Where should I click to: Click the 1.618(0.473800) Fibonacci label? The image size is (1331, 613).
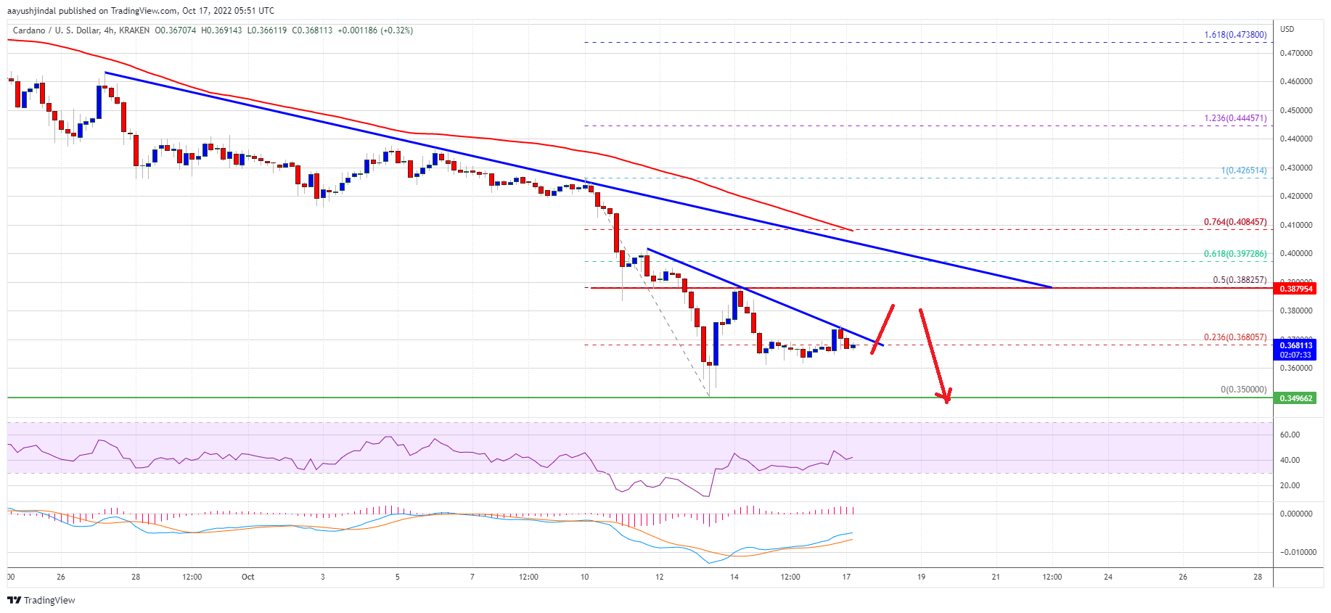[1234, 35]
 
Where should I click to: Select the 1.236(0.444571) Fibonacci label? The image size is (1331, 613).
[1234, 118]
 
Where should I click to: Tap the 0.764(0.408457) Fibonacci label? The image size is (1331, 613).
[1234, 222]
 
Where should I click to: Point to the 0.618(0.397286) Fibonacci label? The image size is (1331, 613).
[1234, 254]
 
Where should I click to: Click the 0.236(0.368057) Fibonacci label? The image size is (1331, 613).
[1234, 337]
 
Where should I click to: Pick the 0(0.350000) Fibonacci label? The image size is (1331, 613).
[1243, 390]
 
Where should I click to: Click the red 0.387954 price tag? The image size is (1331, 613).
[1295, 289]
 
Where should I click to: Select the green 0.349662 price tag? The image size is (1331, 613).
[1295, 398]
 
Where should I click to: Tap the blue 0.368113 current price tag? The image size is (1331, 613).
[1295, 346]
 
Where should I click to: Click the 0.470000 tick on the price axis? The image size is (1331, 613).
[1295, 53]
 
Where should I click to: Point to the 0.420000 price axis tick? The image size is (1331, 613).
[1295, 196]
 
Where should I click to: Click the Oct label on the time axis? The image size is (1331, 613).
[247, 577]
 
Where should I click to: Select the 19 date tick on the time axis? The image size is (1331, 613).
[921, 577]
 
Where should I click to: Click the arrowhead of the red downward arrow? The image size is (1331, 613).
[945, 397]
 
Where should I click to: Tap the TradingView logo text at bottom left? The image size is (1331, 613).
[49, 600]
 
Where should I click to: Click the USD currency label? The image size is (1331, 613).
[1287, 29]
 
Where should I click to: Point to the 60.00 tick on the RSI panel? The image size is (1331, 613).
[1290, 435]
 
